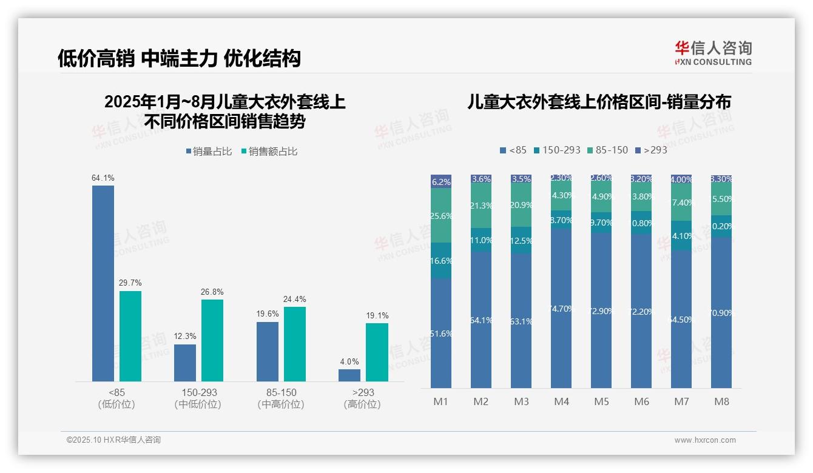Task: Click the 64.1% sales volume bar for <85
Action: click(103, 283)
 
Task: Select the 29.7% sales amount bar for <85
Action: click(130, 336)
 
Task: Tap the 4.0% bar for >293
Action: click(349, 375)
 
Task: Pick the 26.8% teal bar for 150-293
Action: click(212, 340)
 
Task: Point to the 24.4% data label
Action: click(294, 299)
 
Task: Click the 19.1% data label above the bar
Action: click(377, 315)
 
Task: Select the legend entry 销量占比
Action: click(209, 152)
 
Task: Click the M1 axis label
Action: click(440, 401)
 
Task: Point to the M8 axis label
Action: click(721, 401)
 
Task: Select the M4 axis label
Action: click(561, 401)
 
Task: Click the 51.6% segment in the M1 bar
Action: click(441, 333)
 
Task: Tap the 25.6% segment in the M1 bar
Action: click(441, 215)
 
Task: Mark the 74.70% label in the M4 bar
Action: click(561, 309)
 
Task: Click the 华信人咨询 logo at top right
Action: click(713, 53)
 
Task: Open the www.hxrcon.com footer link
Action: click(704, 440)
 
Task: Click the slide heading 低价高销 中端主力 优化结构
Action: click(179, 58)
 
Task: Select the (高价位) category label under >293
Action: click(362, 404)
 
